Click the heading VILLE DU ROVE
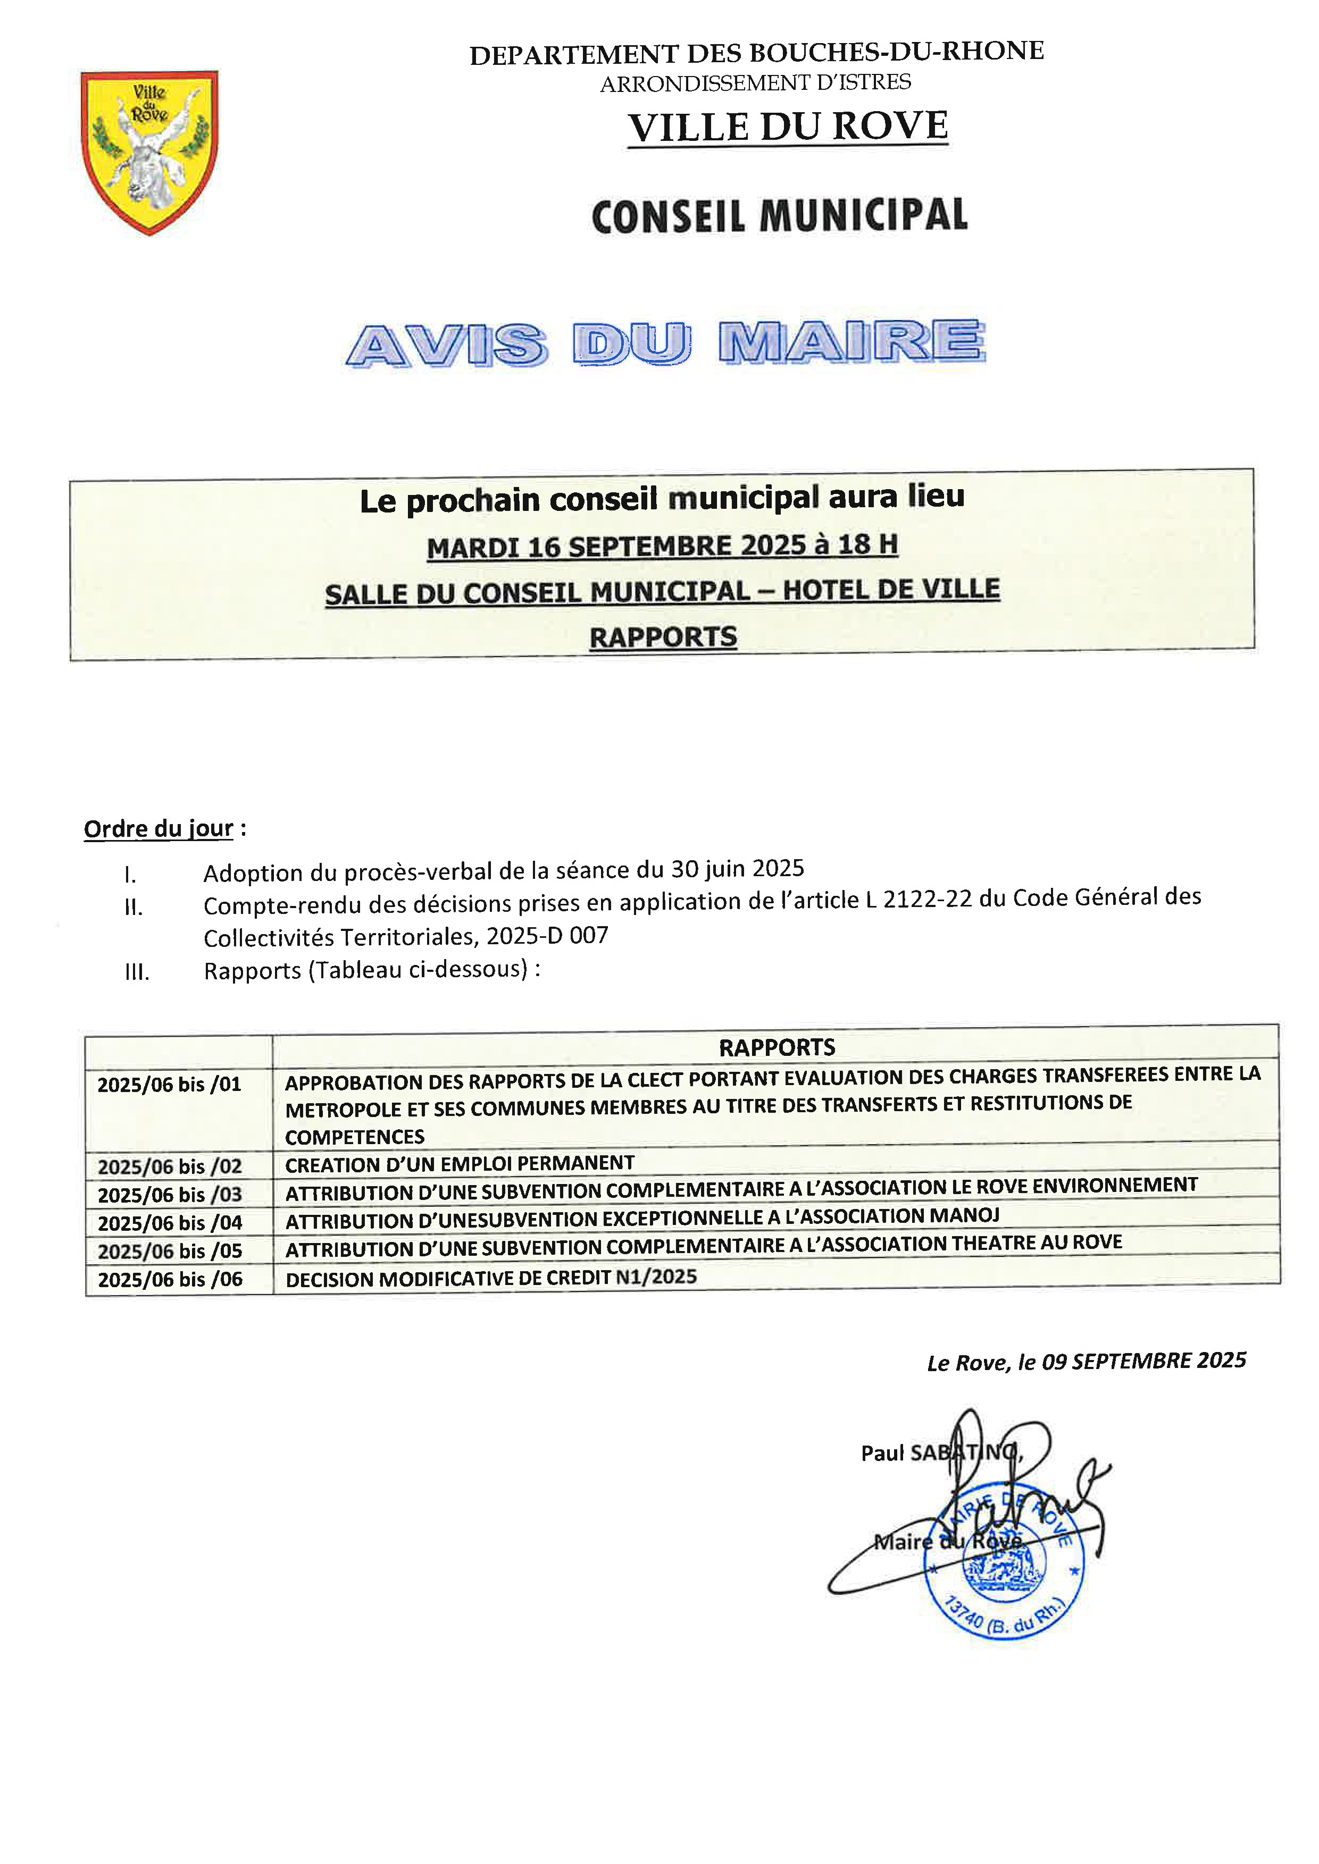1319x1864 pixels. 787,128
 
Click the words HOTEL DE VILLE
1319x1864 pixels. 891,590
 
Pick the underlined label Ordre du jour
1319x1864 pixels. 158,829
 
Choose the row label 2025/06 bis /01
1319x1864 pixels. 170,1085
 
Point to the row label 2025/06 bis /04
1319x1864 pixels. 170,1223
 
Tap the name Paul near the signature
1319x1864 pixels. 881,1453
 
